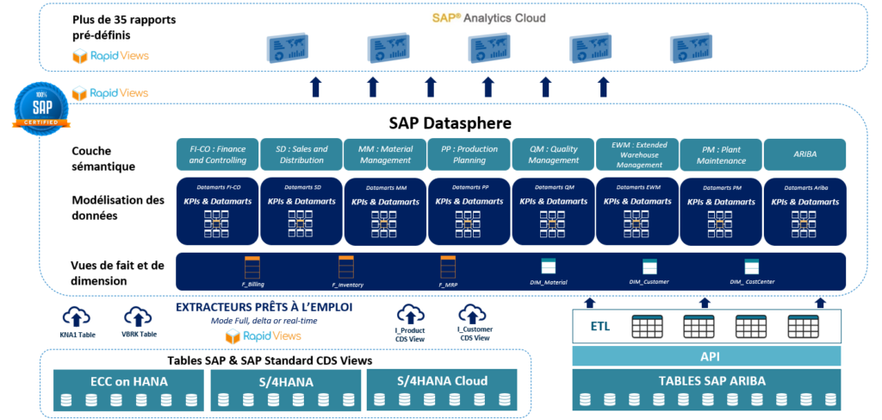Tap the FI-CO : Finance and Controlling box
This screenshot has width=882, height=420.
217,154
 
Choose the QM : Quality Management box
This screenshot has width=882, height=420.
553,154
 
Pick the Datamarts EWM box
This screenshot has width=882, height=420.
637,210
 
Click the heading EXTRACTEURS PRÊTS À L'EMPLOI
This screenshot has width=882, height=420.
264,307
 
